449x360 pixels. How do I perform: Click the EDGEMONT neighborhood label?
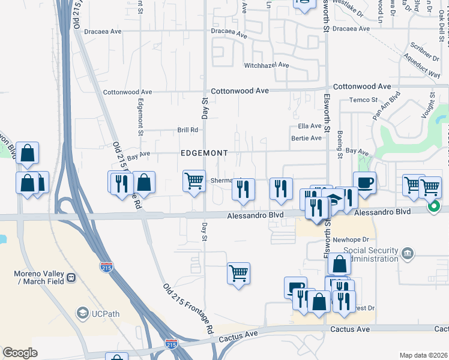tap(204, 153)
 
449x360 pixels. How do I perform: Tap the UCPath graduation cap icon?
tap(82, 313)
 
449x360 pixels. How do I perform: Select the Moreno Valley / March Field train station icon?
tap(71, 278)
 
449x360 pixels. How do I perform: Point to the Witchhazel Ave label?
tap(267, 65)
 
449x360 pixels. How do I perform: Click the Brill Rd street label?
tap(187, 130)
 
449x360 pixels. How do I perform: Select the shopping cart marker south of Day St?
tap(238, 274)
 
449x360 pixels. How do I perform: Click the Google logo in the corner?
tap(20, 352)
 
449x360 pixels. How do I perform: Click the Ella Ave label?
tap(310, 127)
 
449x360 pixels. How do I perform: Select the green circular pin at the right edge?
tap(435, 207)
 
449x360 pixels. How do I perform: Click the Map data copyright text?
tap(423, 355)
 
